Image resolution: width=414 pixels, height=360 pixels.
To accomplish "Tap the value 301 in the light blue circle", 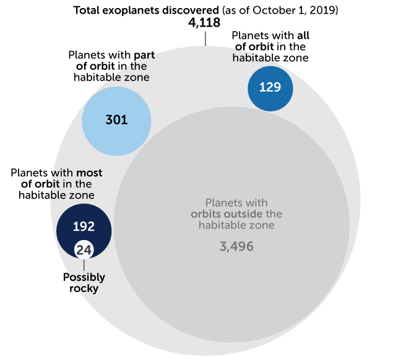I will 116,119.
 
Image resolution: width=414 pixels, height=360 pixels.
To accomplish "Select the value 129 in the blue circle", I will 270,88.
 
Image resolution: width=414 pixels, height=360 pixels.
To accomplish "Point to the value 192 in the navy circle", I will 84,226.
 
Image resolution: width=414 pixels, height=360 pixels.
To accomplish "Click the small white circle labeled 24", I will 84,251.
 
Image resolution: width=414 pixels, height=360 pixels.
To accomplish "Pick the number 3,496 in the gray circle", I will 236,246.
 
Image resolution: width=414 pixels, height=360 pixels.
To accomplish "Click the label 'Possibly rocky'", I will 84,283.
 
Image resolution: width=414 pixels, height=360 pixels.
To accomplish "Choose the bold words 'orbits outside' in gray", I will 228,214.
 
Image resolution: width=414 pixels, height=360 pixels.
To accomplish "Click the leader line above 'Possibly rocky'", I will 84,265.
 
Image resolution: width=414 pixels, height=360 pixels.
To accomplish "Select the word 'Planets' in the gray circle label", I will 223,203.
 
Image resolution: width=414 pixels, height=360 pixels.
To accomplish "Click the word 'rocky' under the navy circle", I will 84,288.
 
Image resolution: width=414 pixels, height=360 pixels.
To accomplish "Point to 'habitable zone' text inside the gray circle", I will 236,225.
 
